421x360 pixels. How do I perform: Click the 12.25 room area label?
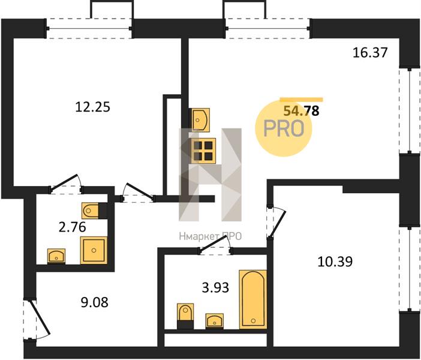click(92, 107)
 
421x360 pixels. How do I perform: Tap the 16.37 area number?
click(370, 52)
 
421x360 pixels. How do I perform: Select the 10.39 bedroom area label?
click(335, 262)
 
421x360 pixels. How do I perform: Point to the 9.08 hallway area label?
click(95, 302)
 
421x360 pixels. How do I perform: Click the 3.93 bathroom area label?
click(215, 287)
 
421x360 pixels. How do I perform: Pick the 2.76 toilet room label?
click(72, 227)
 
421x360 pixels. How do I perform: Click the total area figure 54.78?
click(302, 110)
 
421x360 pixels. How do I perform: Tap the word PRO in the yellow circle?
click(284, 128)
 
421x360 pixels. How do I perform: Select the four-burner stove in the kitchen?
click(203, 151)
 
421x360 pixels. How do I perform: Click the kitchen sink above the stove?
click(199, 120)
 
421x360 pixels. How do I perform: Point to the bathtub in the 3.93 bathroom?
click(253, 299)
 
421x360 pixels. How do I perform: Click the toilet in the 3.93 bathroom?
click(185, 316)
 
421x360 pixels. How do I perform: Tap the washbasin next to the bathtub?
click(215, 320)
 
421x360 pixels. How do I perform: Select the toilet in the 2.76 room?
click(94, 211)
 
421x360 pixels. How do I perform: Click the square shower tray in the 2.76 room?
click(94, 250)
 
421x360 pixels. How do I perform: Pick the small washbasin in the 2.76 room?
click(56, 256)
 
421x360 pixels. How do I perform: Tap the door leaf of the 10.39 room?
click(278, 222)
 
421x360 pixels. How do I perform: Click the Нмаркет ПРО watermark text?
click(210, 236)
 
